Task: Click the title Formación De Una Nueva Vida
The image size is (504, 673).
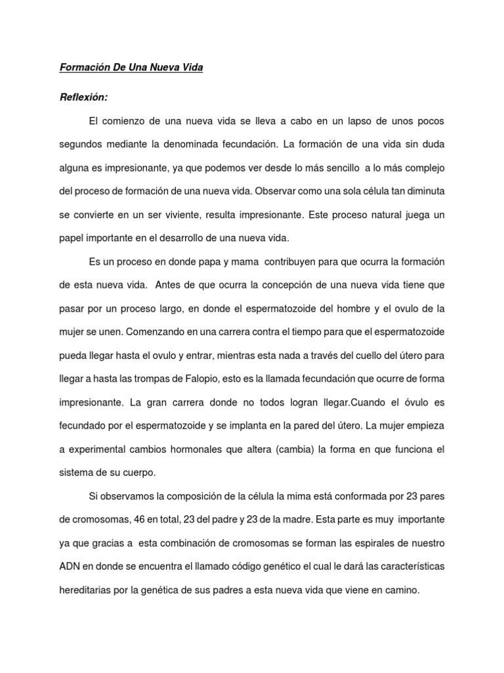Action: [x=132, y=68]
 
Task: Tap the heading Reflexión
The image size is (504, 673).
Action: [x=83, y=97]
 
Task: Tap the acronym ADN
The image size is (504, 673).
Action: [x=70, y=567]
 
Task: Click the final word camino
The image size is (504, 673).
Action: [x=400, y=590]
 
